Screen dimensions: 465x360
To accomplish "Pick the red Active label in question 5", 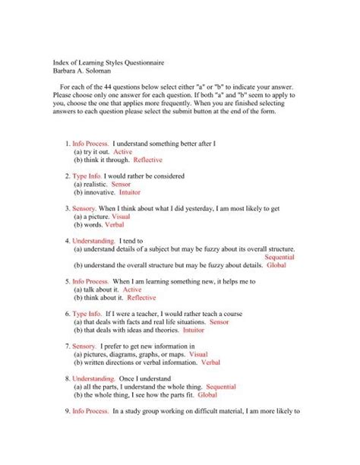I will [132, 289].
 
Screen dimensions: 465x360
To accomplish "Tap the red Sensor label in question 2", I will [120, 184].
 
